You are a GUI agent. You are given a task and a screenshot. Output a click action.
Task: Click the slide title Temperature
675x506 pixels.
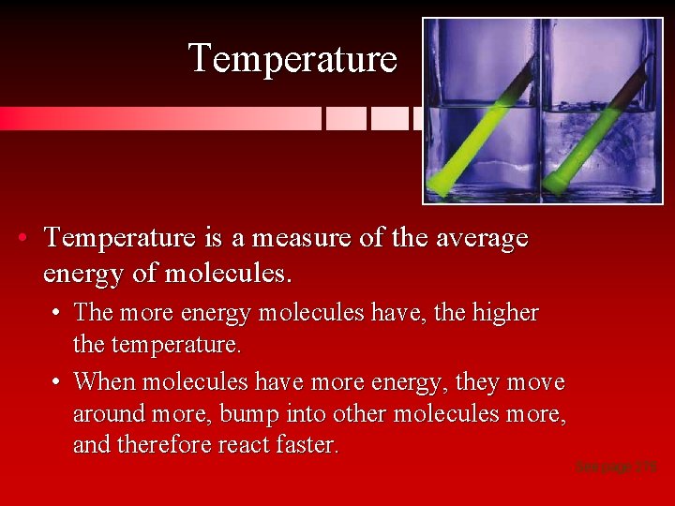click(x=292, y=58)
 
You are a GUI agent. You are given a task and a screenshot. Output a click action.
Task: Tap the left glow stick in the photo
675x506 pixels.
click(x=479, y=127)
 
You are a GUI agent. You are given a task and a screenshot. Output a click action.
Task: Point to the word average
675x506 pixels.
click(x=481, y=238)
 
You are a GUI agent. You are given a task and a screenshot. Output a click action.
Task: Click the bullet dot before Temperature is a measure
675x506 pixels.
click(x=22, y=238)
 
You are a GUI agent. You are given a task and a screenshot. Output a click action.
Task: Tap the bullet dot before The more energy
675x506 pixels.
click(x=57, y=313)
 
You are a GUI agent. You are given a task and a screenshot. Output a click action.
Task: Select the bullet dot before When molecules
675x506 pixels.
click(x=57, y=381)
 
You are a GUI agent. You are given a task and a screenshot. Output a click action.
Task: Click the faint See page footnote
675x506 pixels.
click(x=616, y=466)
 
